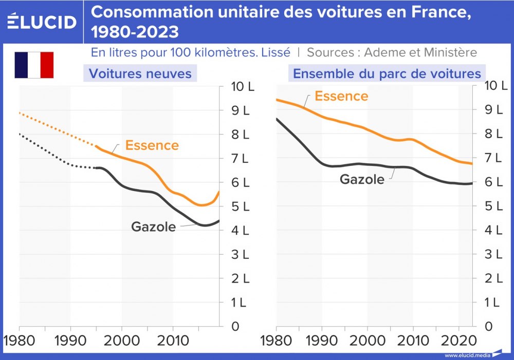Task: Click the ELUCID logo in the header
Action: pyautogui.click(x=42, y=22)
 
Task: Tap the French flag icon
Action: pyautogui.click(x=34, y=65)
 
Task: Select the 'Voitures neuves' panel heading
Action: pyautogui.click(x=140, y=73)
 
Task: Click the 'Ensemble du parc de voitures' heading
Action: pyautogui.click(x=387, y=73)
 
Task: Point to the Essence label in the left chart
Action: pyautogui.click(x=152, y=145)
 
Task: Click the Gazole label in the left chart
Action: pyautogui.click(x=153, y=226)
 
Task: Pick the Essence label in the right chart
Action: pyautogui.click(x=341, y=96)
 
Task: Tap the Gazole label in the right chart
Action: pyautogui.click(x=362, y=179)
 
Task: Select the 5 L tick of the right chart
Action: pyautogui.click(x=492, y=206)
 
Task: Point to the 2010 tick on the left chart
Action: pyautogui.click(x=173, y=341)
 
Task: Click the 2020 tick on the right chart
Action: pyautogui.click(x=458, y=341)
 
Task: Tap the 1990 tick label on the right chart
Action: pyautogui.click(x=322, y=341)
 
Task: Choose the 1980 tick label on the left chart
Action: pyautogui.click(x=20, y=341)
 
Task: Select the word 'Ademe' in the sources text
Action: pyautogui.click(x=386, y=52)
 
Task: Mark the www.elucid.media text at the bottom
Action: pyautogui.click(x=467, y=355)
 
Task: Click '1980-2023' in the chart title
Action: pyautogui.click(x=135, y=32)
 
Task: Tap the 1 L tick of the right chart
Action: pyautogui.click(x=492, y=302)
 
